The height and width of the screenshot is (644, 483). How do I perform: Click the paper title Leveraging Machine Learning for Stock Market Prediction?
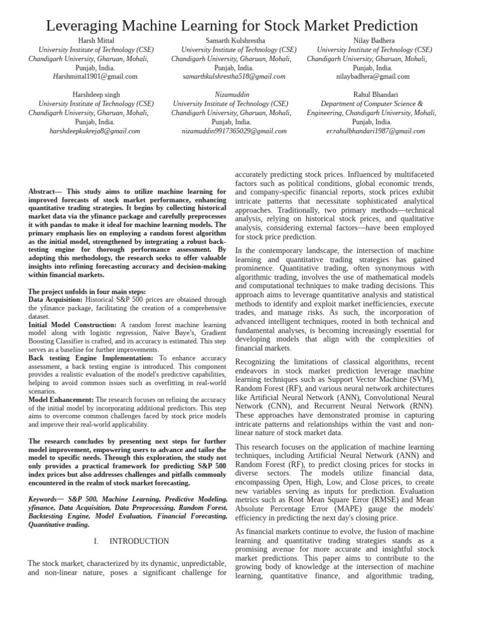click(x=232, y=25)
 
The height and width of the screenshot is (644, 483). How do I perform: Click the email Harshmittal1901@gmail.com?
click(x=96, y=77)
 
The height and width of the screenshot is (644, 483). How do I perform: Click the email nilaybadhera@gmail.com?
click(x=373, y=77)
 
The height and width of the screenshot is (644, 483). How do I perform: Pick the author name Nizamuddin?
click(x=230, y=94)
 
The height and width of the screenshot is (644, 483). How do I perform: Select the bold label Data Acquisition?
click(x=56, y=300)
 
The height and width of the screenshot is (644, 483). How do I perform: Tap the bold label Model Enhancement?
click(x=61, y=399)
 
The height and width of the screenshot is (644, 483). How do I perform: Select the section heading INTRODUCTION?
click(x=139, y=541)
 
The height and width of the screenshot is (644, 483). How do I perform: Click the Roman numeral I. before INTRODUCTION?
click(x=96, y=541)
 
